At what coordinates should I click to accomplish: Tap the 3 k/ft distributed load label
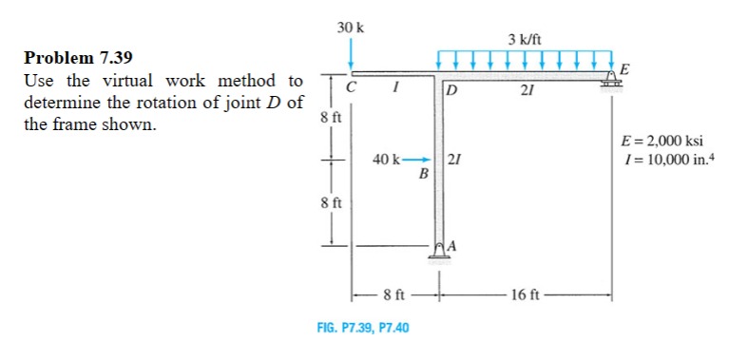click(525, 40)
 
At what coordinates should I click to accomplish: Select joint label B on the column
click(424, 174)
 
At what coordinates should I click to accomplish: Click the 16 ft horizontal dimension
click(525, 294)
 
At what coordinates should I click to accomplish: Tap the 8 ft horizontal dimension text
click(394, 294)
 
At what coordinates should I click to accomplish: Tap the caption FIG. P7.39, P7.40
click(362, 328)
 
